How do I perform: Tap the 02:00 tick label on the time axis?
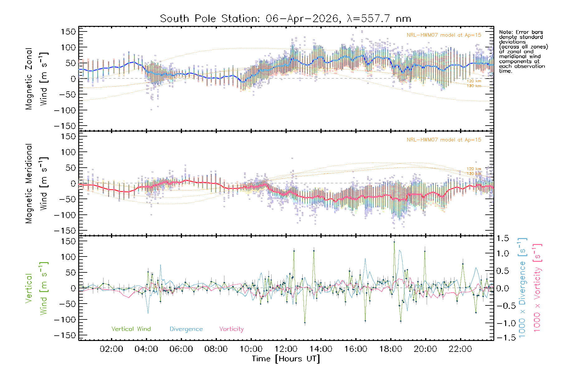click(111, 349)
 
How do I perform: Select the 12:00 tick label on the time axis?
click(286, 349)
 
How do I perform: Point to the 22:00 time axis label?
click(460, 349)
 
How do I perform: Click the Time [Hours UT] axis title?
click(286, 359)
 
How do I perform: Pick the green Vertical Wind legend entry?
click(131, 329)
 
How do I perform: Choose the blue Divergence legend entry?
click(186, 329)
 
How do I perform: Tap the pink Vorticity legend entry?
click(231, 329)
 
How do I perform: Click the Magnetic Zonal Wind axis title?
click(36, 79)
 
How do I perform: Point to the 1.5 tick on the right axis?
click(503, 238)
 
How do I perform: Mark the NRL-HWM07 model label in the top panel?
click(444, 35)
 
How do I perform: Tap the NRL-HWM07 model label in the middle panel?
click(444, 140)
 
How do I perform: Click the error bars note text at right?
click(523, 51)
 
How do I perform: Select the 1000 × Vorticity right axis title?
click(537, 288)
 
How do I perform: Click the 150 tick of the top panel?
click(69, 31)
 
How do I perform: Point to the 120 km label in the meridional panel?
click(474, 169)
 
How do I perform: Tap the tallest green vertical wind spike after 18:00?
click(394, 242)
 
